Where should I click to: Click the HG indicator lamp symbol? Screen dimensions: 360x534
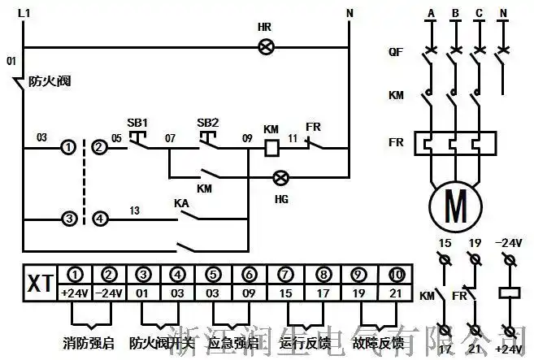[x=281, y=176]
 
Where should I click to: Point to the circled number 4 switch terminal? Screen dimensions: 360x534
[x=99, y=219]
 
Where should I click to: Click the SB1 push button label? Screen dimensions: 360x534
[x=137, y=123]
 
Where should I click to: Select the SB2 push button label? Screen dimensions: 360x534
[x=208, y=123]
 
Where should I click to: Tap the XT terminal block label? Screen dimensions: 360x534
[x=37, y=284]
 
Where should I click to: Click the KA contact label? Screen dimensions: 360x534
[x=182, y=202]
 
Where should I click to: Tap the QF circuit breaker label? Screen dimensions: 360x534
[x=396, y=52]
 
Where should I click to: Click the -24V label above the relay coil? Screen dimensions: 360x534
[x=510, y=243]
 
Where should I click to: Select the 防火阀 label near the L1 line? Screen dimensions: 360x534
[x=46, y=80]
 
